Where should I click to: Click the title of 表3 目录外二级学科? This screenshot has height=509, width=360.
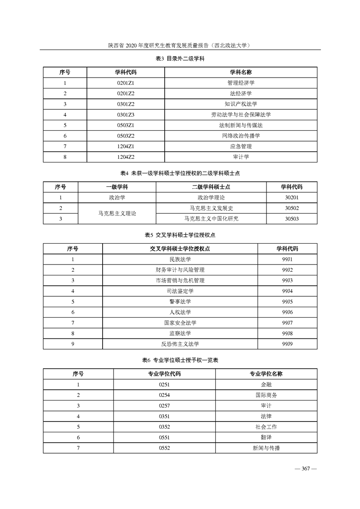tap(180, 59)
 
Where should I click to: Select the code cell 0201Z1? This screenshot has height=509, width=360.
tap(126, 83)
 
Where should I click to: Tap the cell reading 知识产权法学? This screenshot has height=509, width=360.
tap(241, 104)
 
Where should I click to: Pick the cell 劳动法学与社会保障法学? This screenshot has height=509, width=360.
tap(241, 115)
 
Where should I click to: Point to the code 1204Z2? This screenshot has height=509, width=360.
tap(126, 157)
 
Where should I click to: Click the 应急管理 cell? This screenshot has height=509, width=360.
tap(241, 147)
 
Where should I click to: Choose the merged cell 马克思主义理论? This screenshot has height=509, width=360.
tap(117, 213)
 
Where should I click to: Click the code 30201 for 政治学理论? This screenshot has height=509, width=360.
tap(291, 197)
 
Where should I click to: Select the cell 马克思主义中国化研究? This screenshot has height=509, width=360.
tap(211, 219)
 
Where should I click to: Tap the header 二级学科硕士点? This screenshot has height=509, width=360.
tap(211, 187)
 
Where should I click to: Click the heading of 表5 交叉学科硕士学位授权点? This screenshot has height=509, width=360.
tap(180, 235)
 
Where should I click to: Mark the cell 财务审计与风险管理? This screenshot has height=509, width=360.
tap(180, 270)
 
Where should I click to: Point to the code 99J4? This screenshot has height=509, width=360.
tap(287, 291)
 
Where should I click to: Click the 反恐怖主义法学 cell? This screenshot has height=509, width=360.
tap(180, 344)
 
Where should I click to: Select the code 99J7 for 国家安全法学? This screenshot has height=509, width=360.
tap(287, 323)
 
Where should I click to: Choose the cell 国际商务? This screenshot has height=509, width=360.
tap(266, 395)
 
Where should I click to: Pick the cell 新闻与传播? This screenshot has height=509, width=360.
tap(266, 448)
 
